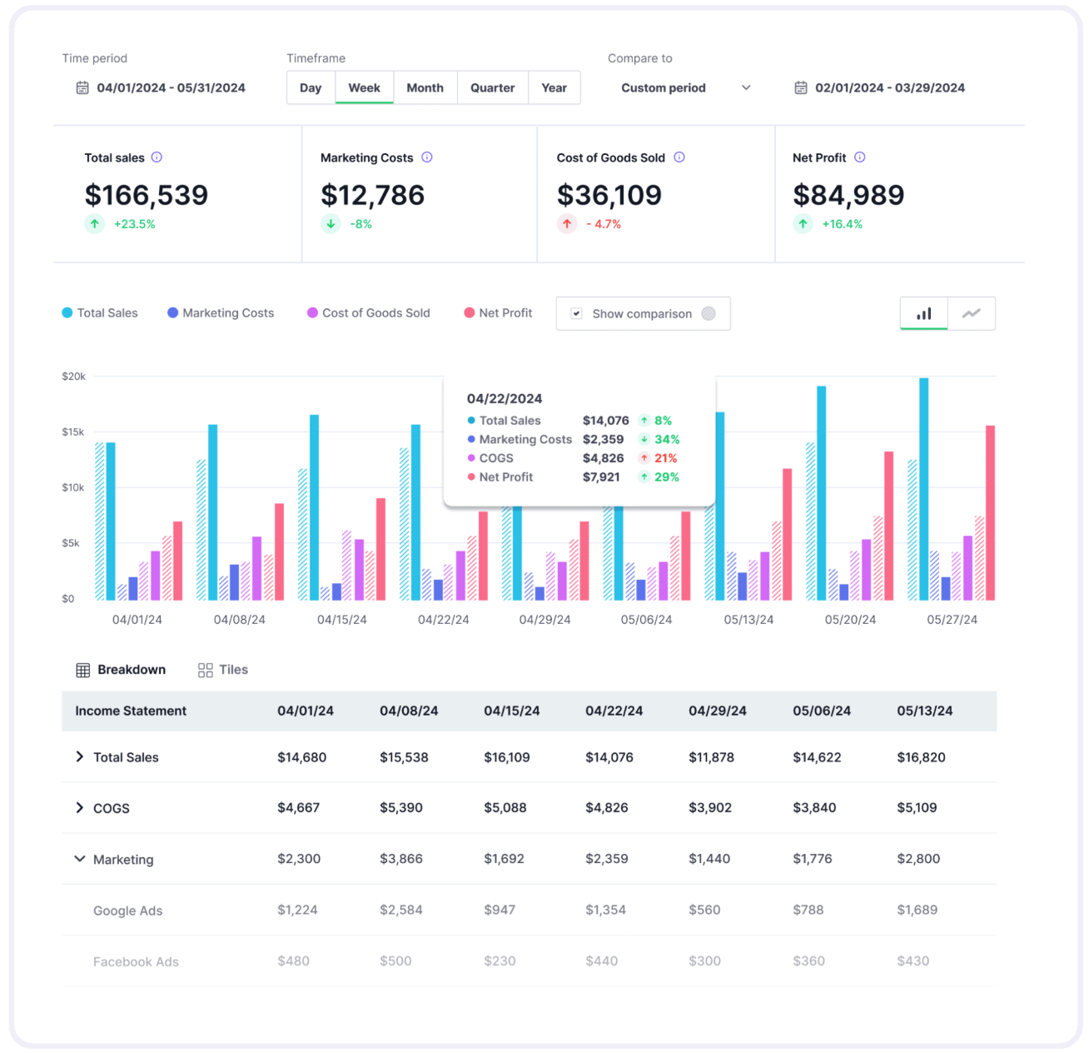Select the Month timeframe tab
(x=425, y=87)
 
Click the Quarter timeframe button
(x=492, y=87)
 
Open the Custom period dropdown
(x=685, y=87)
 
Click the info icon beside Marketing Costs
(x=427, y=157)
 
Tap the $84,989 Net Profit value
(x=848, y=195)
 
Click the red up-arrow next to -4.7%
(x=567, y=224)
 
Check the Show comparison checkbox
(x=576, y=313)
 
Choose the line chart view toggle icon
(x=971, y=313)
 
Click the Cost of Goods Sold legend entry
(x=369, y=313)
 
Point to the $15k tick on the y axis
(x=73, y=432)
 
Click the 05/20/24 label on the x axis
(x=850, y=620)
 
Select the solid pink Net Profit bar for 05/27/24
(x=990, y=512)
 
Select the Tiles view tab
(x=223, y=670)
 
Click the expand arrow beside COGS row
(x=79, y=807)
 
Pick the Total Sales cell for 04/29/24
(x=711, y=757)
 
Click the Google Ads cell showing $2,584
(x=400, y=910)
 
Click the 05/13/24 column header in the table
(x=924, y=711)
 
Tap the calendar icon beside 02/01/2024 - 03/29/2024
(x=800, y=87)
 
